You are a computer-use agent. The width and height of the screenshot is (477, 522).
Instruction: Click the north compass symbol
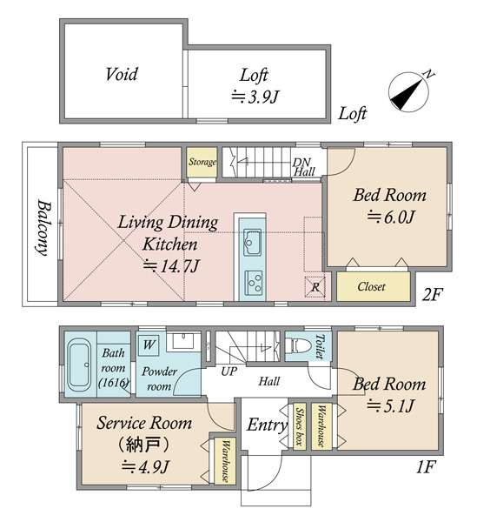(x=409, y=92)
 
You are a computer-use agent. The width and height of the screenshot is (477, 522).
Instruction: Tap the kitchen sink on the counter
(x=252, y=242)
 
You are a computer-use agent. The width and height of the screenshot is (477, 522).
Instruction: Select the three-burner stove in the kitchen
(x=253, y=283)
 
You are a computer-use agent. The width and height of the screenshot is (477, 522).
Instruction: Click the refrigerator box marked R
(x=315, y=286)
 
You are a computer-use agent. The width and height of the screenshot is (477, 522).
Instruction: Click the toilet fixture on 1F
(x=295, y=345)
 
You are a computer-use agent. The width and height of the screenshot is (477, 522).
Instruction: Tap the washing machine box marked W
(x=149, y=345)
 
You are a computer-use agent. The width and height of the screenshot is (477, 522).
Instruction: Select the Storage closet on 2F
(x=202, y=163)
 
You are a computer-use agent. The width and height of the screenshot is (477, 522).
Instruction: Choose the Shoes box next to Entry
(x=300, y=426)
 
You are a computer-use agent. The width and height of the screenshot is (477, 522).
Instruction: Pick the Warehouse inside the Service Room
(x=225, y=461)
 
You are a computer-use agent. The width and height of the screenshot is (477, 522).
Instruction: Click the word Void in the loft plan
(x=122, y=74)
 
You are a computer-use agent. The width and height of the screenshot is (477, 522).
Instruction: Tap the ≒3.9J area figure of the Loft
(x=255, y=97)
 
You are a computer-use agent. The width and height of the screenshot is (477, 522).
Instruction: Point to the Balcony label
(x=43, y=228)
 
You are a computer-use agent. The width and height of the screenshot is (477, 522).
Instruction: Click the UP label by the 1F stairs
(x=229, y=371)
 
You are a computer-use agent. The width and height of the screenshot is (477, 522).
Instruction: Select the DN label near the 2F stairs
(x=301, y=163)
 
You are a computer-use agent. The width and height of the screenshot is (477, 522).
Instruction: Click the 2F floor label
(x=433, y=294)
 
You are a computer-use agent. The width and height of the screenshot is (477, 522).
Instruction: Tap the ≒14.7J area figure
(x=171, y=265)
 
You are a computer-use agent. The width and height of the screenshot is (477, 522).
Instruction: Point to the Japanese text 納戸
(x=143, y=445)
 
